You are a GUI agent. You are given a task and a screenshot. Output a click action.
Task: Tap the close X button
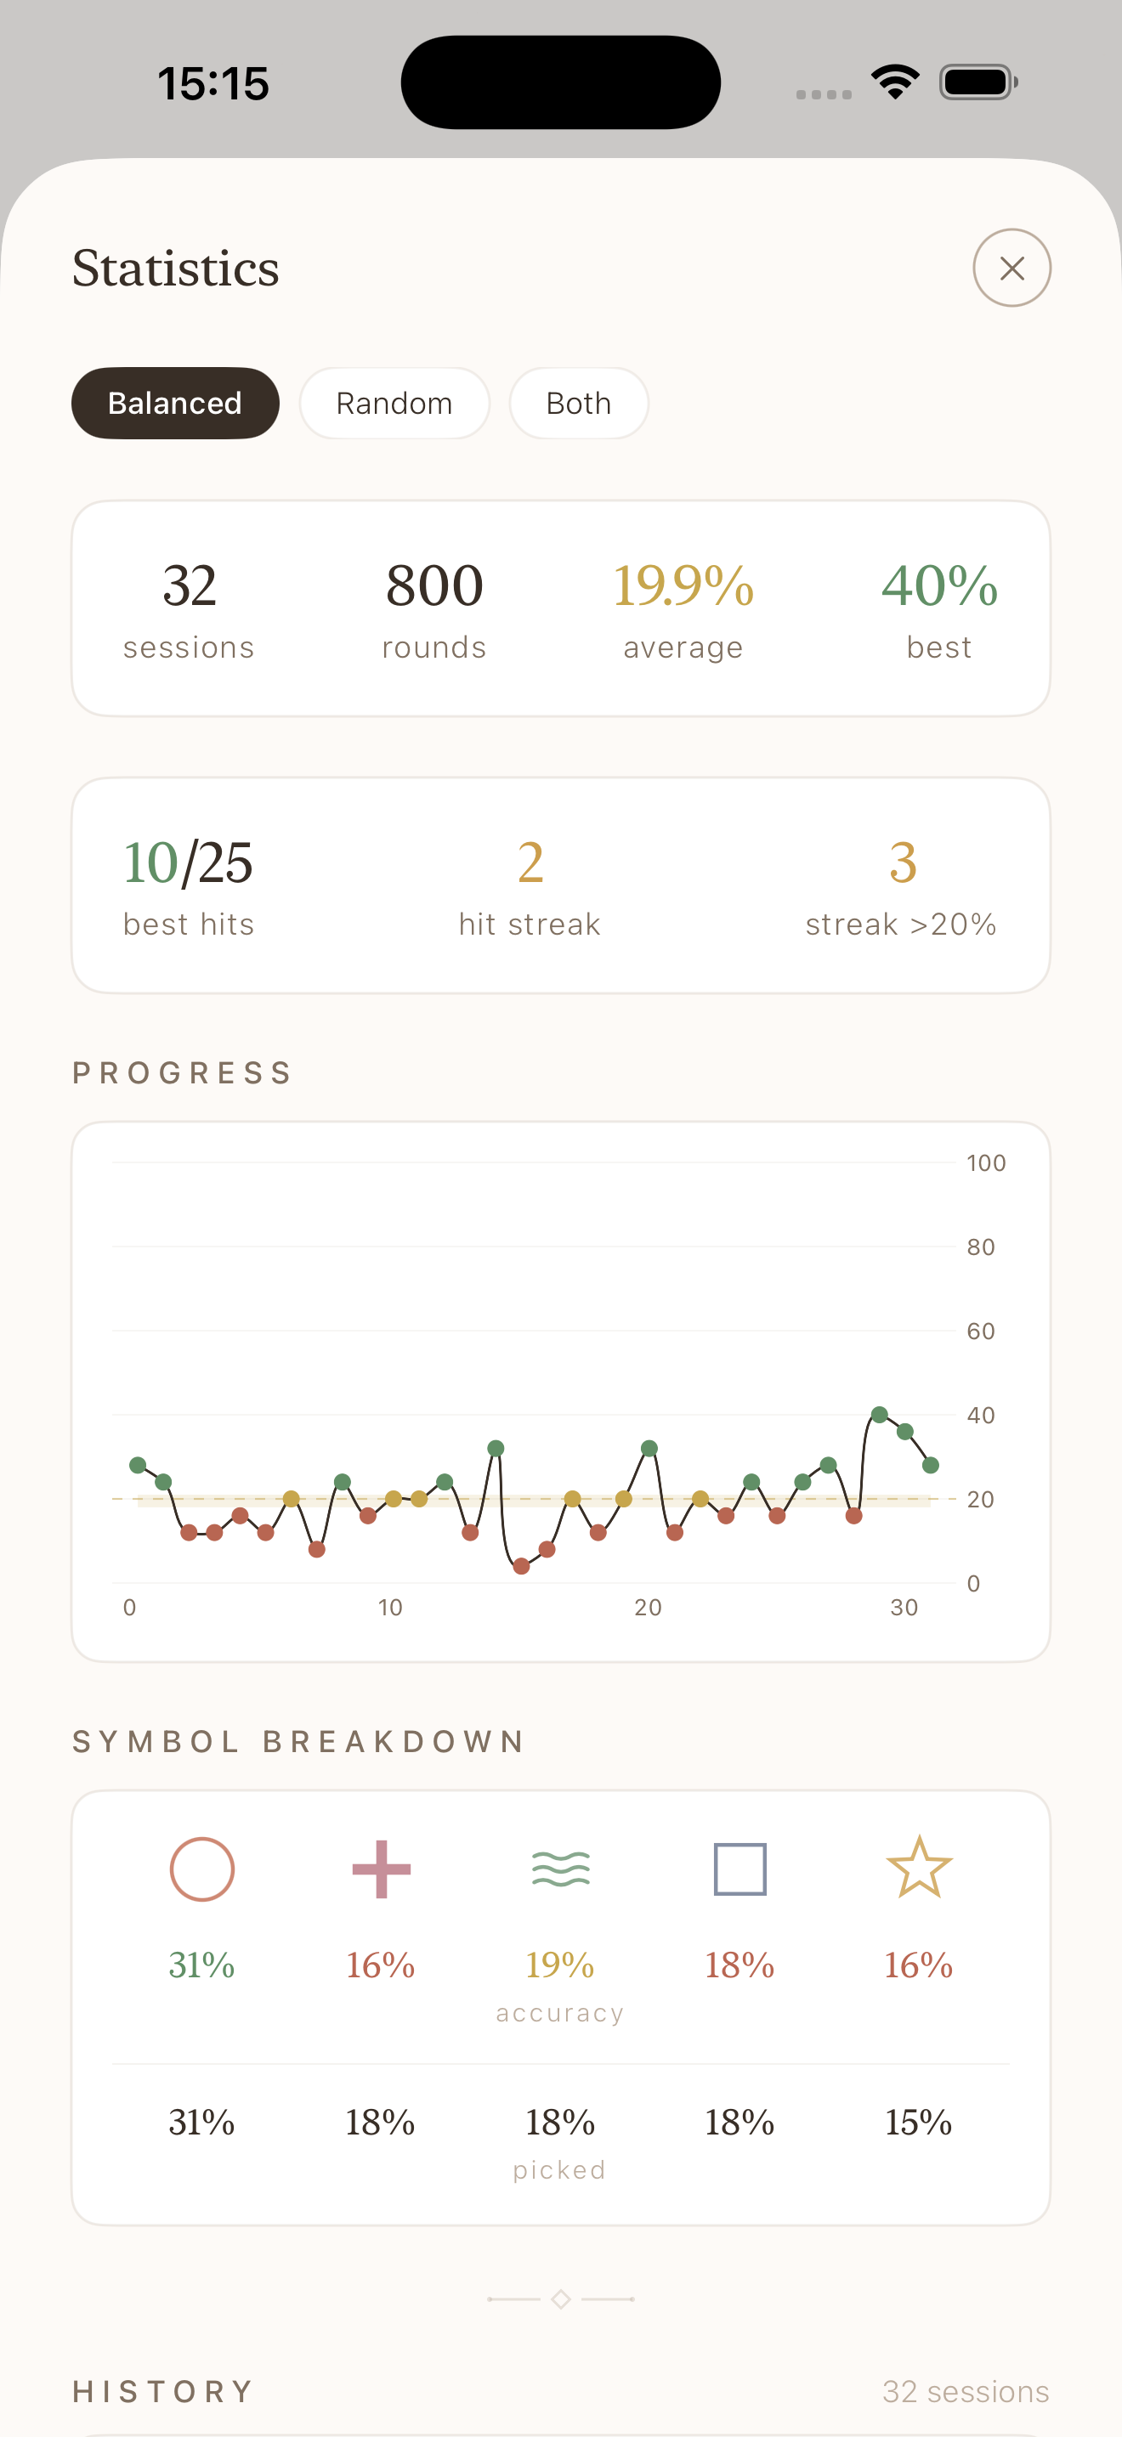tap(1011, 268)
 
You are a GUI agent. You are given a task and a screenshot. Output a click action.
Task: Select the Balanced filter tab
tap(175, 403)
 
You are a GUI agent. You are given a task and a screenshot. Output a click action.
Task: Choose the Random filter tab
tap(394, 403)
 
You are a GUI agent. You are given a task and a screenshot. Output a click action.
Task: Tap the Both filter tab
tap(579, 403)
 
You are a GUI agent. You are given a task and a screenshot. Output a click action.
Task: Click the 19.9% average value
tap(683, 585)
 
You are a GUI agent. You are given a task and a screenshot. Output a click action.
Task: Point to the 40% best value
tap(939, 585)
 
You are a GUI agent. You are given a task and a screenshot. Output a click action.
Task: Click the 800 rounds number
tap(434, 585)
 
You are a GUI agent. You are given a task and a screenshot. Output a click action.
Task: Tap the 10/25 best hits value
tap(188, 862)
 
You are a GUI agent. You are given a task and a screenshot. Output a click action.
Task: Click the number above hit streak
tap(530, 862)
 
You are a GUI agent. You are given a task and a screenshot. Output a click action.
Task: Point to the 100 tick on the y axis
tap(986, 1162)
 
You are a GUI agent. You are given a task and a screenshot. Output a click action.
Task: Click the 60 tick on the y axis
tap(980, 1331)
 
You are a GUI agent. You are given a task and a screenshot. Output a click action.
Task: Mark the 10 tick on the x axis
tap(390, 1608)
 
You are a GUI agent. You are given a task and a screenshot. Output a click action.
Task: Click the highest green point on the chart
tap(880, 1414)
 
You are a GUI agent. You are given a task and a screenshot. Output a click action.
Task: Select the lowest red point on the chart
tap(521, 1567)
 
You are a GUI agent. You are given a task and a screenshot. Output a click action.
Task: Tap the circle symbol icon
tap(201, 1869)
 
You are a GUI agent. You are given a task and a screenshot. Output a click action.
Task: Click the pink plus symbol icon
tap(382, 1869)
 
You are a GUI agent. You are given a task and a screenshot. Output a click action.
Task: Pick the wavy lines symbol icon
tap(561, 1869)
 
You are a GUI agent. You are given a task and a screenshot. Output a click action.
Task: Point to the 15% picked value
tap(919, 2122)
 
